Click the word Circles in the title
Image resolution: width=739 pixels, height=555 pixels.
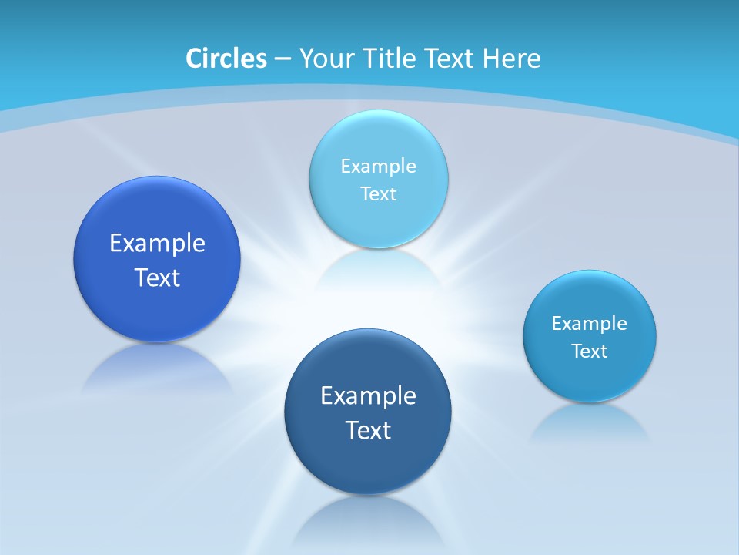[x=226, y=59]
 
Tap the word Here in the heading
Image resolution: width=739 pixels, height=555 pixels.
[x=512, y=59]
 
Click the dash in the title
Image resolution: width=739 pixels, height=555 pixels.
[x=282, y=59]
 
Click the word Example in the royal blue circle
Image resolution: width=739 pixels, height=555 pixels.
[x=157, y=244]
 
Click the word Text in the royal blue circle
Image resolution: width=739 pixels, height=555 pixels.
[x=157, y=277]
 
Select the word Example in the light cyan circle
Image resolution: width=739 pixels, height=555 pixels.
[x=378, y=166]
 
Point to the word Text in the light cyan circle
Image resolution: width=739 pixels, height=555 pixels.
[x=378, y=193]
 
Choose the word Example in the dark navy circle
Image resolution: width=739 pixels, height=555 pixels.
[x=368, y=396]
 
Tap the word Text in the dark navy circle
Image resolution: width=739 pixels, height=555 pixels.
[x=368, y=430]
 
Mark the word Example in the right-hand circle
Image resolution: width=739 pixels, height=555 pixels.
[x=589, y=323]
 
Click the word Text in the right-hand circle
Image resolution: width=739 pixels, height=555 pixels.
[x=589, y=351]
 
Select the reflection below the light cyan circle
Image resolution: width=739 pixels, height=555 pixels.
[x=378, y=266]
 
